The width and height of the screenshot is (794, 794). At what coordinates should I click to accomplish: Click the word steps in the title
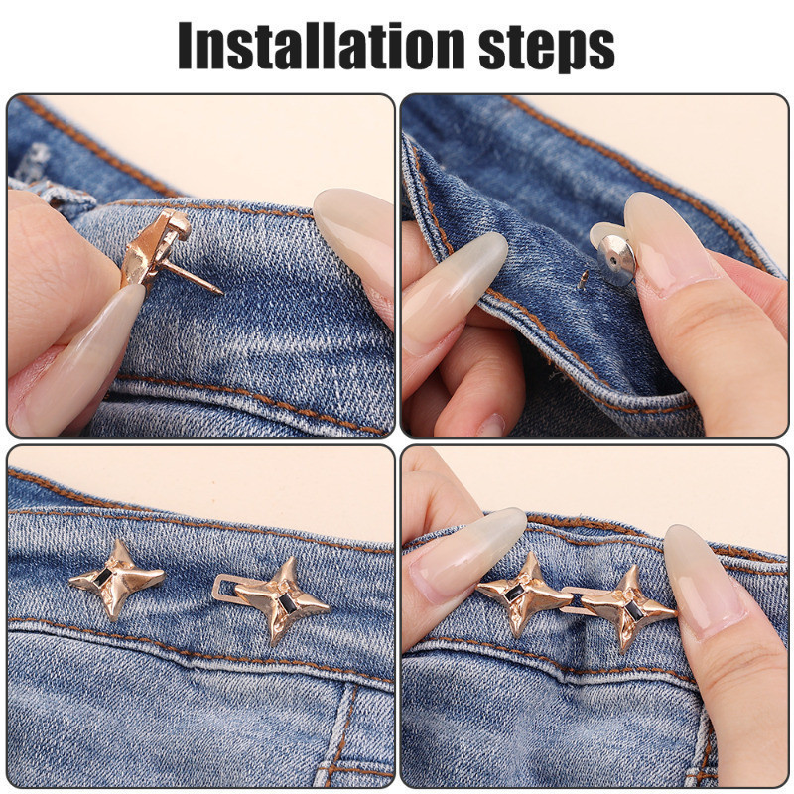pyautogui.click(x=547, y=48)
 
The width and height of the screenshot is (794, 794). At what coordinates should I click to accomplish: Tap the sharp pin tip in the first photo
pyautogui.click(x=220, y=292)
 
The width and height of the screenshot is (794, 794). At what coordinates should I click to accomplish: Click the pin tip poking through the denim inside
pyautogui.click(x=584, y=279)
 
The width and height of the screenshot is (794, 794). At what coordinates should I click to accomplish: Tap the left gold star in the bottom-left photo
pyautogui.click(x=117, y=579)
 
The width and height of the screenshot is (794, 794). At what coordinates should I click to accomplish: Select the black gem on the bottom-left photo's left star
pyautogui.click(x=104, y=577)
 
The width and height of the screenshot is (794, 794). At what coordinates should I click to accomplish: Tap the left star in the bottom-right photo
pyautogui.click(x=525, y=593)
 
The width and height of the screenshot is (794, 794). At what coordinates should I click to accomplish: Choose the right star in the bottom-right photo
pyautogui.click(x=628, y=607)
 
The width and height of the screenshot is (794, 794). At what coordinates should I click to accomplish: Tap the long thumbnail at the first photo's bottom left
pyautogui.click(x=76, y=360)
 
